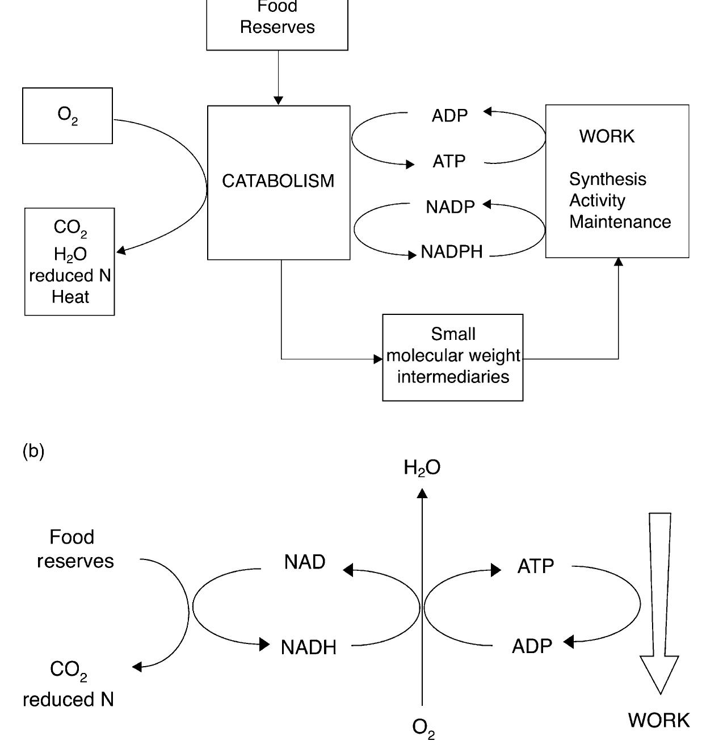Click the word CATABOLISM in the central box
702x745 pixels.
click(x=278, y=181)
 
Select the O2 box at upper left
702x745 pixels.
click(x=68, y=116)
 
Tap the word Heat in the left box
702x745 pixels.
click(x=70, y=297)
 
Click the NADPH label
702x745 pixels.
click(x=452, y=251)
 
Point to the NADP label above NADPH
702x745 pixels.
click(x=450, y=207)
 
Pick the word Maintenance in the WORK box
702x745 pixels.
click(x=620, y=222)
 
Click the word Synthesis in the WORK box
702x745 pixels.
click(x=607, y=179)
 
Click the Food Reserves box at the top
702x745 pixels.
click(x=277, y=23)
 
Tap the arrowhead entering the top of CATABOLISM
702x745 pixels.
click(x=278, y=100)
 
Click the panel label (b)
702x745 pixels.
click(x=33, y=451)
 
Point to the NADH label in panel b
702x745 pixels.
click(x=308, y=647)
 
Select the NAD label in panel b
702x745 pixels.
click(x=305, y=562)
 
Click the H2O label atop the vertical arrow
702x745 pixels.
click(x=422, y=468)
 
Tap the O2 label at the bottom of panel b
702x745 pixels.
click(x=423, y=728)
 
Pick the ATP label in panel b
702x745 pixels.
click(x=535, y=566)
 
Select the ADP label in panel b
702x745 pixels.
click(x=532, y=646)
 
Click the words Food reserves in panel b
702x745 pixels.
click(x=74, y=549)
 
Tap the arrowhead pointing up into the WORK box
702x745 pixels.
click(x=619, y=262)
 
